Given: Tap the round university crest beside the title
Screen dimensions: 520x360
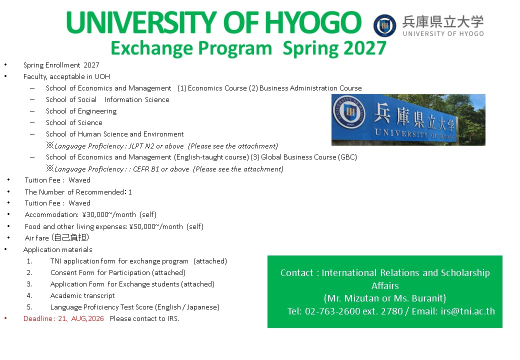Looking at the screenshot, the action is click(x=384, y=25).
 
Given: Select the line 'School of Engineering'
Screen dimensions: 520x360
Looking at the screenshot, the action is click(x=81, y=111).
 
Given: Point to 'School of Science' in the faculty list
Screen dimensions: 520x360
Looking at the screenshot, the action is click(x=74, y=122).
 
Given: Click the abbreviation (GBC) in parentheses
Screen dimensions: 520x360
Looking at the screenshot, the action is click(x=347, y=157).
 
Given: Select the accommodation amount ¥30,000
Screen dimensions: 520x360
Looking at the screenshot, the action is click(x=95, y=215).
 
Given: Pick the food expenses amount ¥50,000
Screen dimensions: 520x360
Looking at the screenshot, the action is click(x=142, y=226).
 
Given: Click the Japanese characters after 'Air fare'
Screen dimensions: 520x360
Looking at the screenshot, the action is click(x=70, y=237).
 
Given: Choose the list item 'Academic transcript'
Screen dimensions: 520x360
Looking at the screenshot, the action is click(x=82, y=295).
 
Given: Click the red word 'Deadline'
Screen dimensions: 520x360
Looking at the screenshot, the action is click(x=38, y=318).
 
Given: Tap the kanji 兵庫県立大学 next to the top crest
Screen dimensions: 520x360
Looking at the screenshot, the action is click(x=443, y=22).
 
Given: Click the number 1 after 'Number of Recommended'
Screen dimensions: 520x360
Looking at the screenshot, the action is click(x=130, y=192).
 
